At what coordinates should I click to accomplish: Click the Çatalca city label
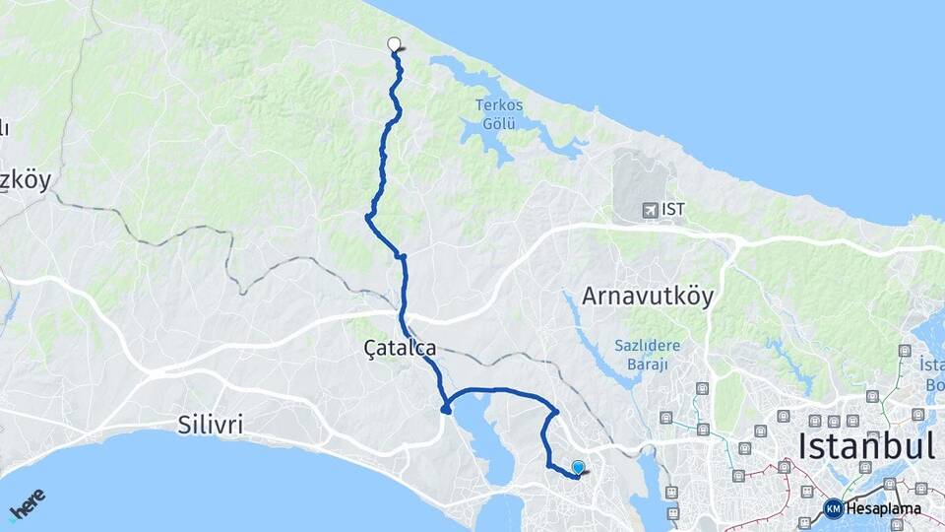tap(399, 347)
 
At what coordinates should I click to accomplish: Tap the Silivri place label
tap(211, 426)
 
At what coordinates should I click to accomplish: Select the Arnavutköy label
tap(648, 296)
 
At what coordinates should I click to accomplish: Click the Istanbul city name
tap(866, 445)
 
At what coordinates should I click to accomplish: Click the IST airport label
tap(673, 209)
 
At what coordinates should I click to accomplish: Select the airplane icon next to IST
tap(649, 209)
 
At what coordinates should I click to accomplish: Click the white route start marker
tap(395, 43)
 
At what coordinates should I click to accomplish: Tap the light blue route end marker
tap(578, 468)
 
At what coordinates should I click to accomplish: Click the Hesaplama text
tap(884, 508)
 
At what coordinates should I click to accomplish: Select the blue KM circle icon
tap(834, 508)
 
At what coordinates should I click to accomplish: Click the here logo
tap(27, 503)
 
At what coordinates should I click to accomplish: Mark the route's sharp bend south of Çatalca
tap(446, 409)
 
